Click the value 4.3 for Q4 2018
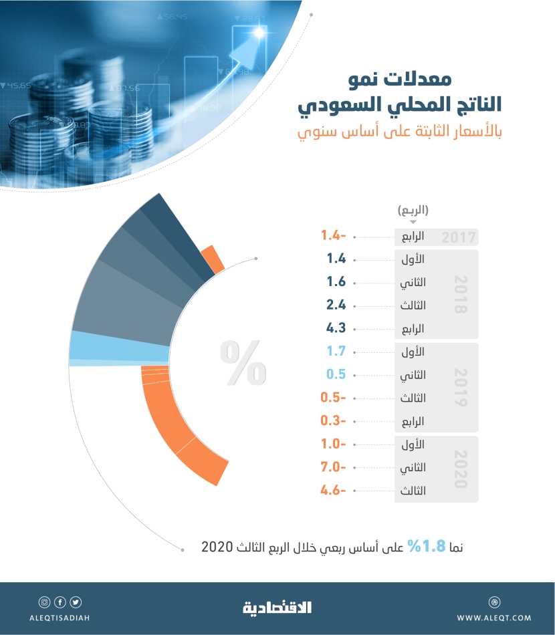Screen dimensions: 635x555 tap(336, 329)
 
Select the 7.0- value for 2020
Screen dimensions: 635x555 tap(332, 467)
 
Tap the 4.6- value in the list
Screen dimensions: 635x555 tap(332, 491)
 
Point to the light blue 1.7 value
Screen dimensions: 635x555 tap(336, 352)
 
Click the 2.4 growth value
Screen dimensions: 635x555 tap(336, 305)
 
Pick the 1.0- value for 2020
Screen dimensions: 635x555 tap(332, 444)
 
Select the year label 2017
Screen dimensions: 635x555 tap(458, 237)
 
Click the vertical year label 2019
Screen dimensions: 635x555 tap(459, 388)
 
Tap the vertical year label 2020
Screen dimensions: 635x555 tap(459, 469)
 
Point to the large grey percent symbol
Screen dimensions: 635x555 tap(243, 364)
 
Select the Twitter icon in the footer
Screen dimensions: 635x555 tap(76, 602)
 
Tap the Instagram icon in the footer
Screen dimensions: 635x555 tap(45, 602)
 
